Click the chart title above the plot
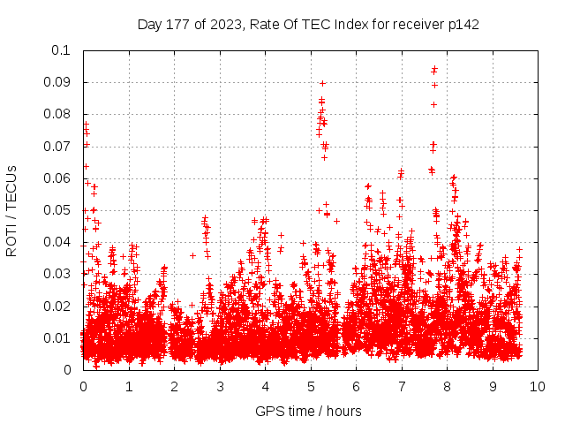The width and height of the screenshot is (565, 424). [x=308, y=24]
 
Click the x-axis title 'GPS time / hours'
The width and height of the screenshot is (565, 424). [x=308, y=411]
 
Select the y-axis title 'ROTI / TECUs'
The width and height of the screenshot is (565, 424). [x=11, y=210]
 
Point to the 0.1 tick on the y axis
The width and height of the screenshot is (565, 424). [x=61, y=50]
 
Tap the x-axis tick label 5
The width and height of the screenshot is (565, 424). [x=311, y=386]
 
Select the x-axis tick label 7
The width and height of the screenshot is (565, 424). [x=402, y=386]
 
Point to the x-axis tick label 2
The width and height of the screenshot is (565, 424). [x=174, y=386]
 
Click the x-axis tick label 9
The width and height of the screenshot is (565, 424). [x=493, y=386]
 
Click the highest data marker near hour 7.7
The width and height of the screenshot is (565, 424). [x=434, y=67]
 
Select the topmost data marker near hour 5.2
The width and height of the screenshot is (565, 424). [x=322, y=83]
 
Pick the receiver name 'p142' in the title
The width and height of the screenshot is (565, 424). [x=463, y=24]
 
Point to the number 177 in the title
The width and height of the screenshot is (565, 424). [x=180, y=24]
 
